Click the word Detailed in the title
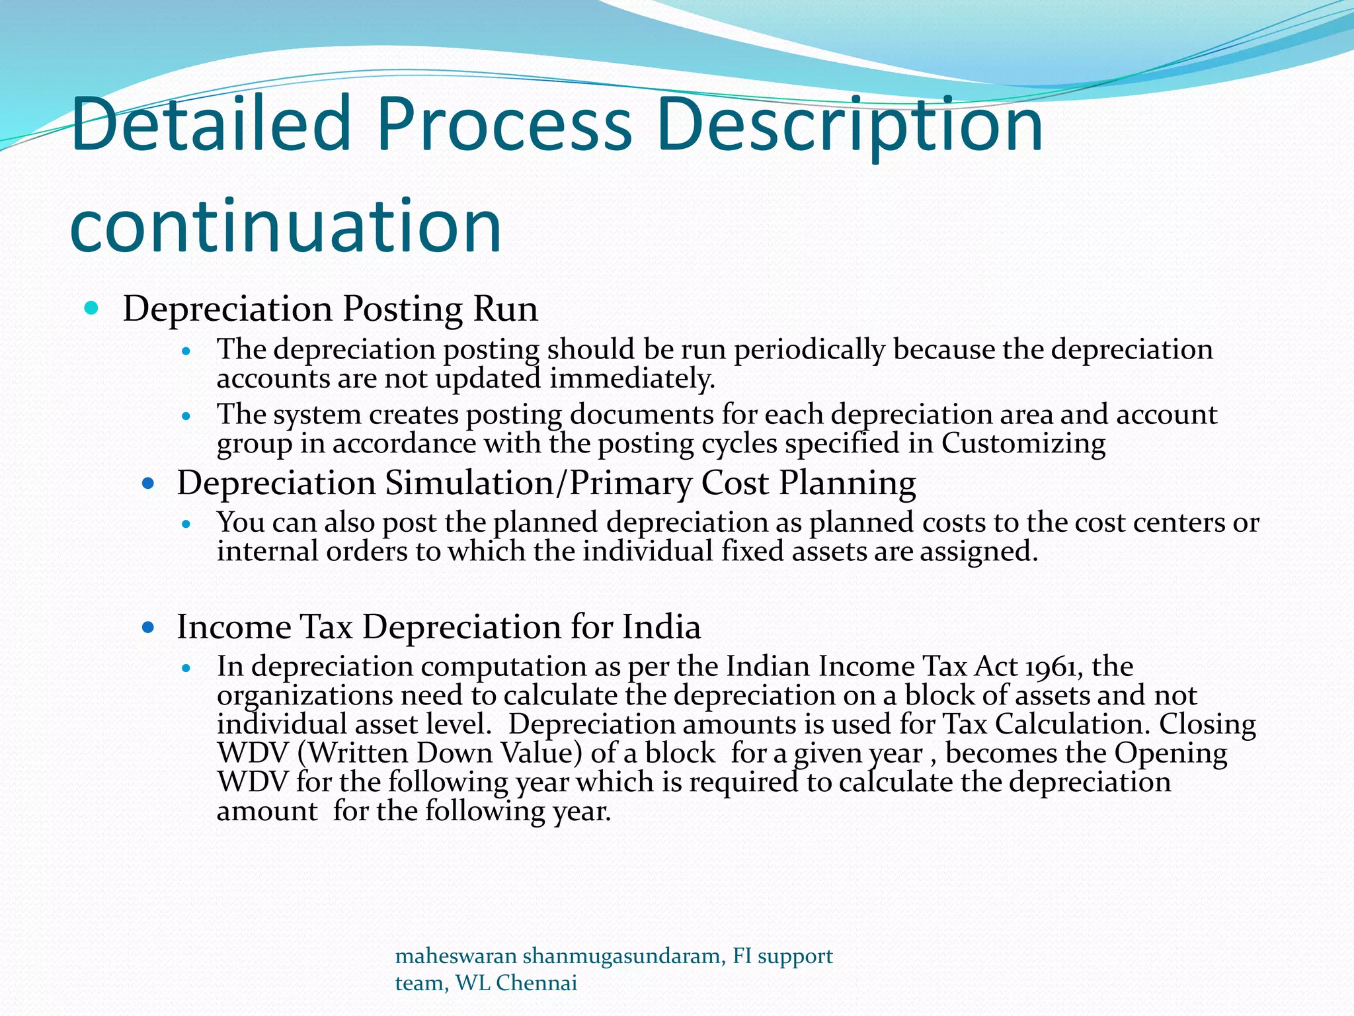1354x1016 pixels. click(x=210, y=124)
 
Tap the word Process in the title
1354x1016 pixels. click(x=504, y=124)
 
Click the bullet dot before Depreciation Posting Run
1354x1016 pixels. click(x=92, y=308)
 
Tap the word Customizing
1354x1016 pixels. click(x=1023, y=443)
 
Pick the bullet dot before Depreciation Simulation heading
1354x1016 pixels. click(x=148, y=484)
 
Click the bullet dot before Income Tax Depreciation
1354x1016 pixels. click(x=148, y=627)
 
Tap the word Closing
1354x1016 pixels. click(x=1207, y=724)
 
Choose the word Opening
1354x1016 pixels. click(x=1171, y=753)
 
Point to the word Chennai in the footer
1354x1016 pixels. click(x=536, y=983)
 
